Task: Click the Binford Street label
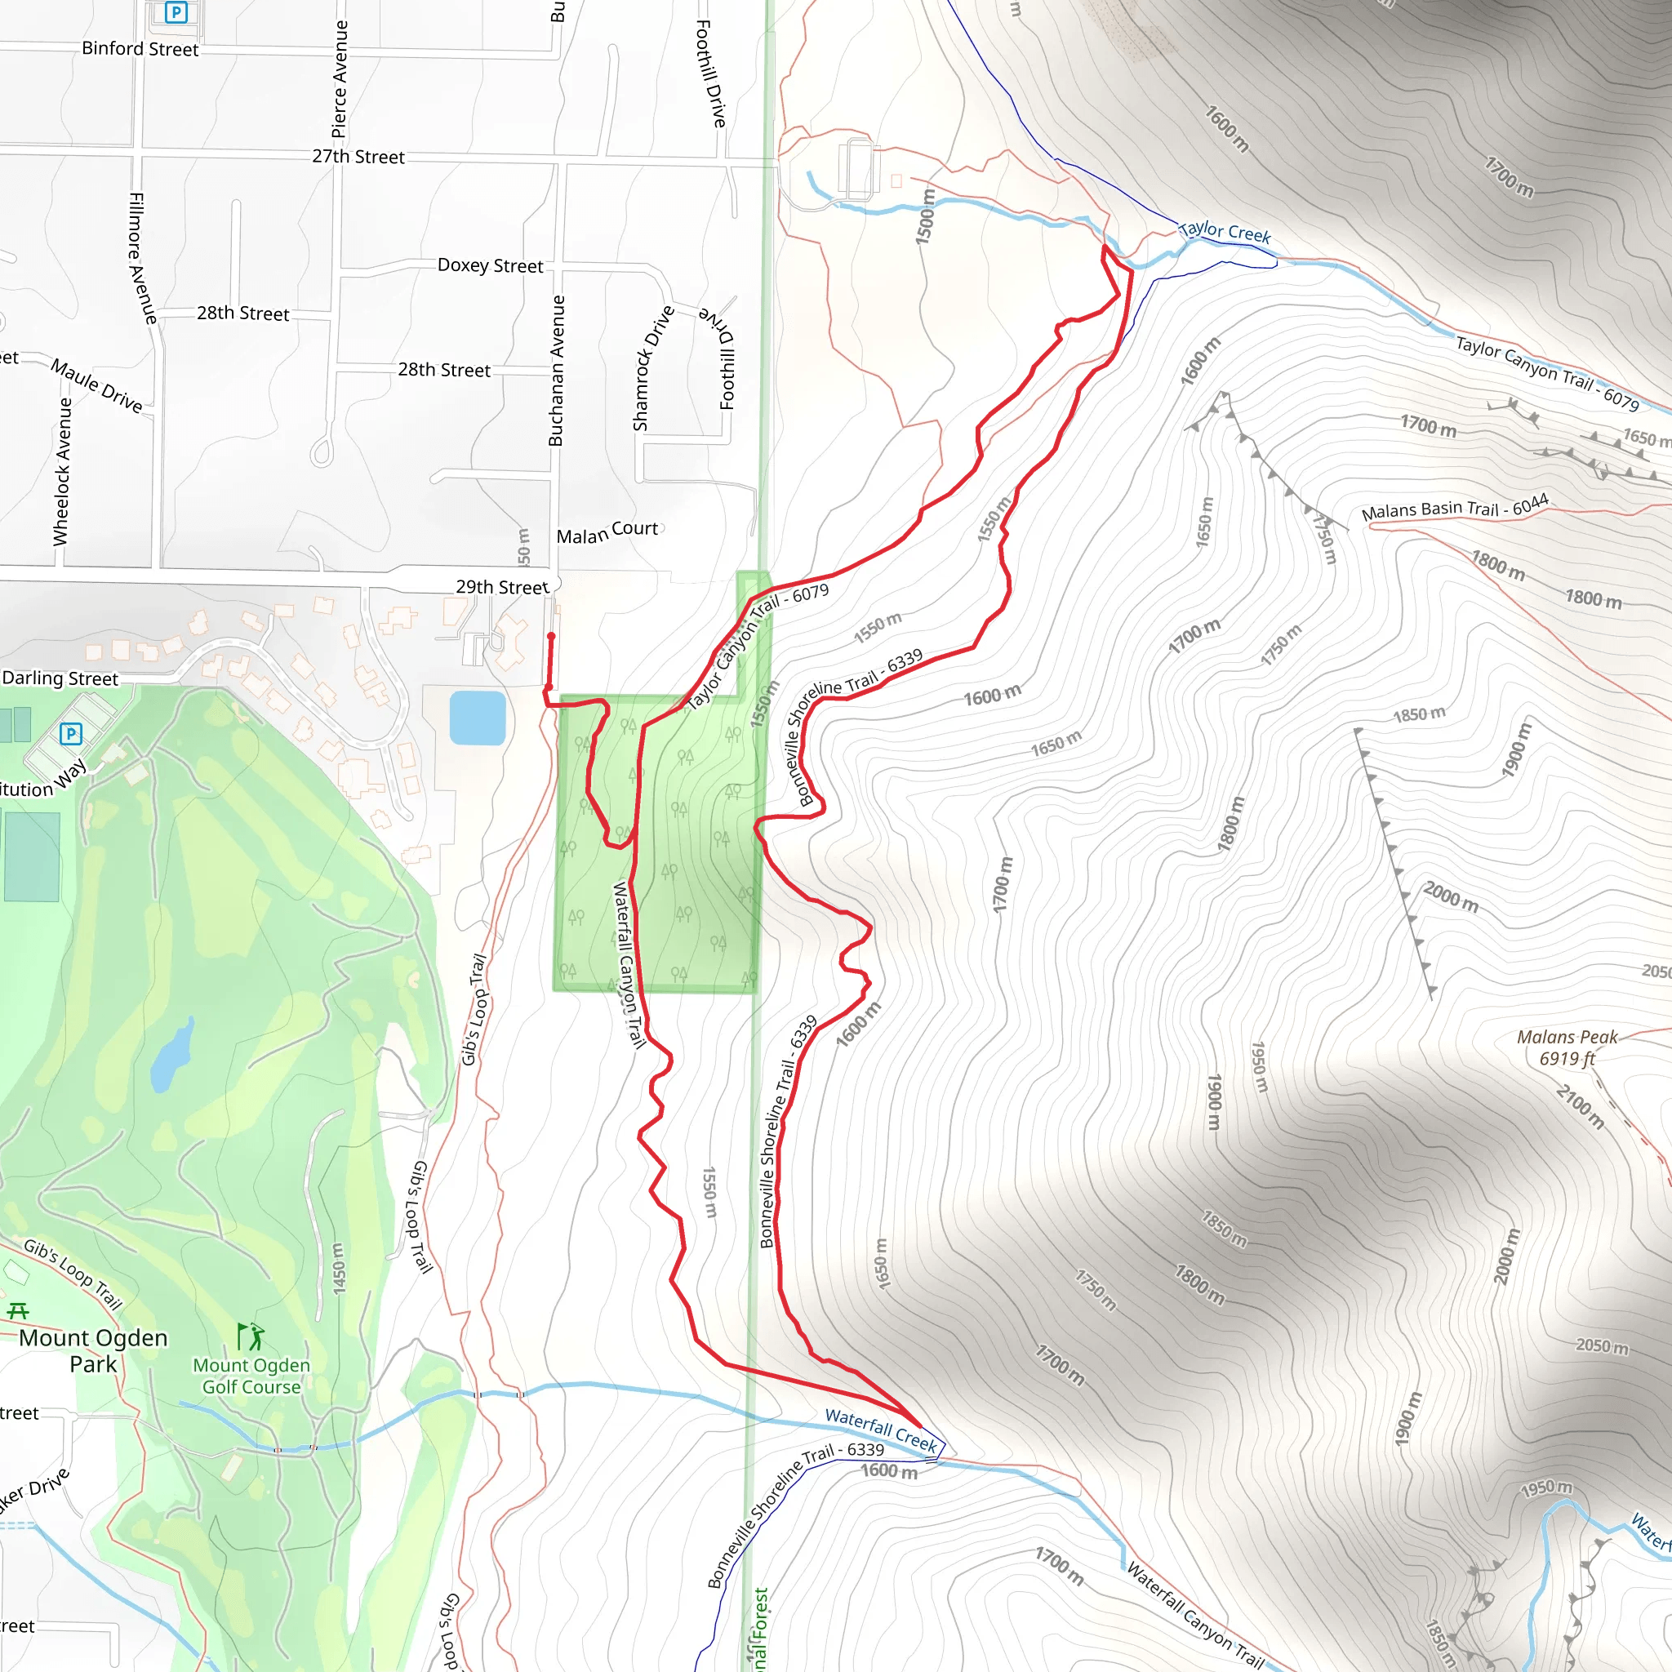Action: [140, 49]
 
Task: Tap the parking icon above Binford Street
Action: [176, 12]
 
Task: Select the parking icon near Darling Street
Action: [71, 735]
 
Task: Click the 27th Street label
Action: [358, 157]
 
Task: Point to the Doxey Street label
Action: [490, 265]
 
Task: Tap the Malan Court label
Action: [607, 532]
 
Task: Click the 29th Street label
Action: [502, 588]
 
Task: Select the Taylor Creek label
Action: [1225, 232]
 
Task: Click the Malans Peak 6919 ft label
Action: [1567, 1047]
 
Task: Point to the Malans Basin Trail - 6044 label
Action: [1455, 508]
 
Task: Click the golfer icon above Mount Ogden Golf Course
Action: [251, 1337]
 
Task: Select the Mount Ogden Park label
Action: [93, 1351]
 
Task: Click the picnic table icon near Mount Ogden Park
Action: [18, 1311]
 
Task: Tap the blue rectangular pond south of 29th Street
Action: [478, 718]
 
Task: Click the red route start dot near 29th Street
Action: [551, 637]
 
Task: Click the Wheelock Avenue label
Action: [61, 472]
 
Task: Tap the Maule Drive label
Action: [97, 385]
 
